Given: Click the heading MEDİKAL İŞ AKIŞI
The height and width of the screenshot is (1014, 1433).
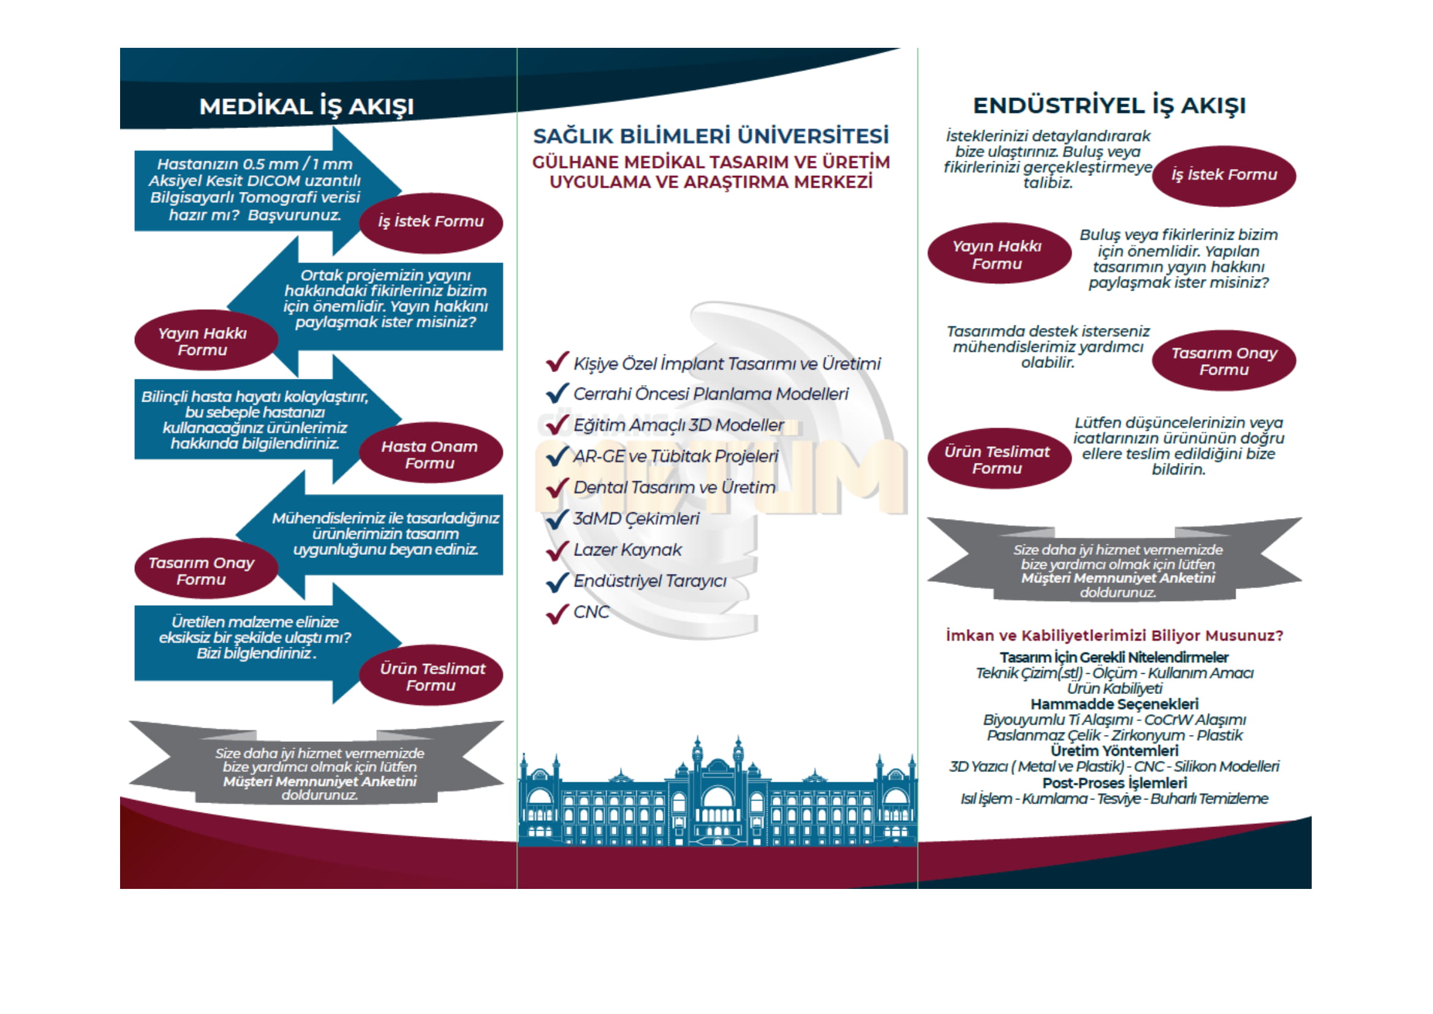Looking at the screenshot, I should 306,107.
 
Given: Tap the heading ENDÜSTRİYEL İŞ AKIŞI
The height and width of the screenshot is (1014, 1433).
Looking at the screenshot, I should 1109,105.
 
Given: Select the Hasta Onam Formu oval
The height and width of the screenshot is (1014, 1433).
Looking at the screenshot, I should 430,454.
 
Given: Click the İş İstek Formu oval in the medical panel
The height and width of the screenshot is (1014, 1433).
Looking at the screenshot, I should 431,222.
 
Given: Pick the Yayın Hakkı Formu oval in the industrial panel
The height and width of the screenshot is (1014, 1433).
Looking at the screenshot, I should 997,255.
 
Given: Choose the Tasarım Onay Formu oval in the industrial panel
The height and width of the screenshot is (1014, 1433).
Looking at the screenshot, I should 1223,362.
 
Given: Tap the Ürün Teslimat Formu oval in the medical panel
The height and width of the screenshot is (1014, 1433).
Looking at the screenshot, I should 431,677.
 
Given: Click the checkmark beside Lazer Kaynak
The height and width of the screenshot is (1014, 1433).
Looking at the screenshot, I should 557,550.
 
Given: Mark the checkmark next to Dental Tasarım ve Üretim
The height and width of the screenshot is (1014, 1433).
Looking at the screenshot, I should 557,487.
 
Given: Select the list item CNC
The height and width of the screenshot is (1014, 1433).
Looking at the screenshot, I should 591,612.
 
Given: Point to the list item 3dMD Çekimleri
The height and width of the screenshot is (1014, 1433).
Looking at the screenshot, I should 636,519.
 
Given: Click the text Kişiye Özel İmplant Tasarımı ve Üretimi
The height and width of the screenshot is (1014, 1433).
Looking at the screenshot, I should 727,364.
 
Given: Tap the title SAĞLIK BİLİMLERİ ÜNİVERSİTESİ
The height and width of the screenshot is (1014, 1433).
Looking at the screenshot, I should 711,136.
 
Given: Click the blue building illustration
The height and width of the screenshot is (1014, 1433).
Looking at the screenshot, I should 717,799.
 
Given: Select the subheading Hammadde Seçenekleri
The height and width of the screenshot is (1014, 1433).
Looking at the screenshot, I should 1114,704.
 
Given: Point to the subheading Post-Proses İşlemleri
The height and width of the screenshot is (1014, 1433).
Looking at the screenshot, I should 1114,783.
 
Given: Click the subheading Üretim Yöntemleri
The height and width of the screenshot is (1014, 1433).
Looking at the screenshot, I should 1114,751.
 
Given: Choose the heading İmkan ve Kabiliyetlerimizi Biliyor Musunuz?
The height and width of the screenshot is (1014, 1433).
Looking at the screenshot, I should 1114,636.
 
